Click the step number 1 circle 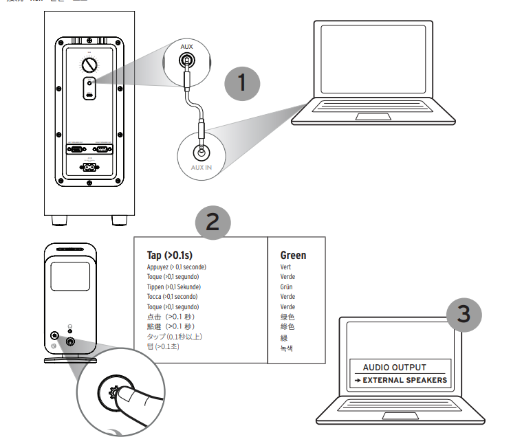pyautogui.click(x=241, y=83)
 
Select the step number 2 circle pyautogui.click(x=213, y=221)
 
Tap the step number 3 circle pyautogui.click(x=464, y=315)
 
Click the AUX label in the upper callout pyautogui.click(x=186, y=46)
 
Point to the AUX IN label pyautogui.click(x=201, y=167)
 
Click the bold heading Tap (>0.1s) pyautogui.click(x=170, y=256)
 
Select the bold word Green pyautogui.click(x=293, y=256)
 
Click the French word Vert pyautogui.click(x=285, y=267)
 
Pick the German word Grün pyautogui.click(x=287, y=287)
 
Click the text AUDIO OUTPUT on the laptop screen pyautogui.click(x=395, y=368)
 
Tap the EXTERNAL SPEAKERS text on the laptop pyautogui.click(x=404, y=380)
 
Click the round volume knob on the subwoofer pyautogui.click(x=90, y=66)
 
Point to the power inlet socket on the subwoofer pyautogui.click(x=90, y=167)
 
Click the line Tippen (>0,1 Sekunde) pyautogui.click(x=174, y=287)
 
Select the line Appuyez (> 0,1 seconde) pyautogui.click(x=177, y=267)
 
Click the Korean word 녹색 pyautogui.click(x=287, y=348)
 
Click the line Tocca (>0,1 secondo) pyautogui.click(x=173, y=297)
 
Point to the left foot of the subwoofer pyautogui.click(x=60, y=221)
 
